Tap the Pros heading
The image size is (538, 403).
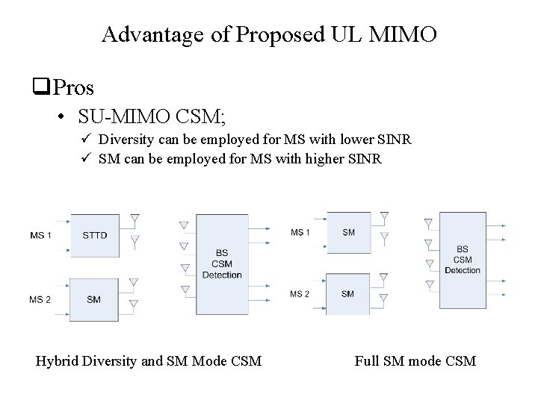coord(74,88)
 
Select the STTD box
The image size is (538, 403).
coord(94,235)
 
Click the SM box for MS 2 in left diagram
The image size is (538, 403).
coord(94,299)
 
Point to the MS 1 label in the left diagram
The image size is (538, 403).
coord(40,235)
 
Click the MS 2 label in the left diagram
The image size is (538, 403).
coord(40,299)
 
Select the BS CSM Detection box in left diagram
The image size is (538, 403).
coord(222,263)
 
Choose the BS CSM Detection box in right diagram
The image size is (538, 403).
coord(463,259)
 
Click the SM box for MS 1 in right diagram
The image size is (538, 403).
coord(348,232)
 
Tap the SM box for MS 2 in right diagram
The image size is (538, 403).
coord(348,293)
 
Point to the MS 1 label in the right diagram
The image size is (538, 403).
coord(300,232)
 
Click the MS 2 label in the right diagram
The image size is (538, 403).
coord(300,293)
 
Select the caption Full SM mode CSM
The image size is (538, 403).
coord(415,362)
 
